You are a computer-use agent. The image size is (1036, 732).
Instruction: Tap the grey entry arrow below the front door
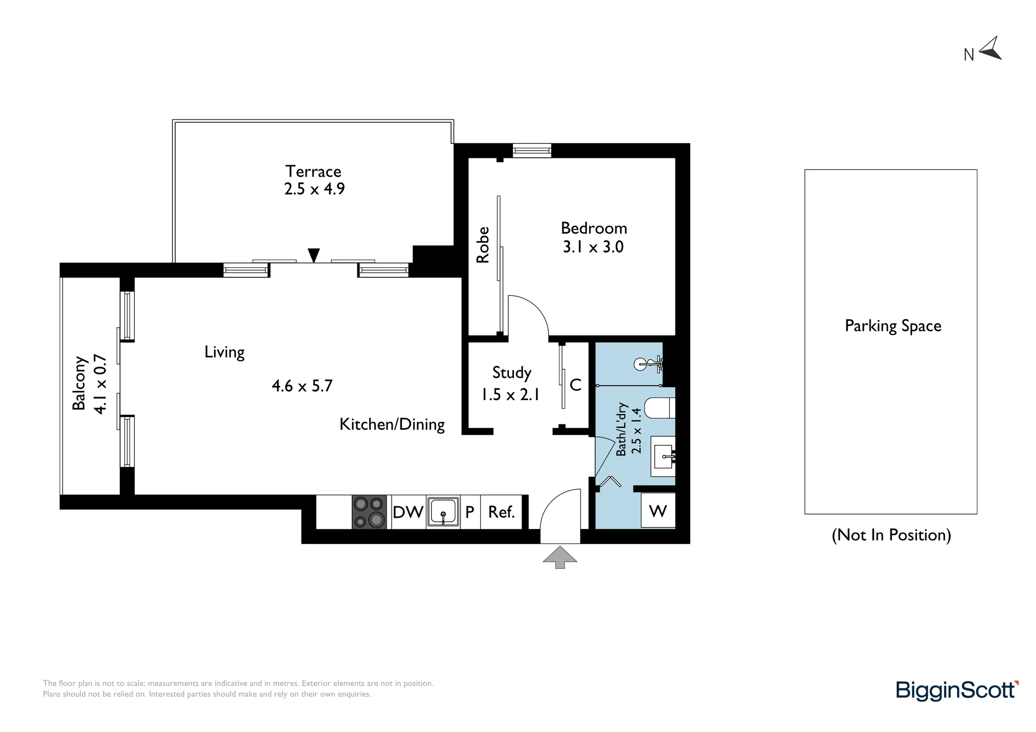coord(560,557)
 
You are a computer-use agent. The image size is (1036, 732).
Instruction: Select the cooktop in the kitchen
coord(369,512)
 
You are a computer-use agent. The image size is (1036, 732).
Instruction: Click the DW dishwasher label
coord(408,512)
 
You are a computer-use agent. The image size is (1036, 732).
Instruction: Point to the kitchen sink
coord(443,512)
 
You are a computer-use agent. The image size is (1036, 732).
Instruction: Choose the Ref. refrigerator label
coord(501,512)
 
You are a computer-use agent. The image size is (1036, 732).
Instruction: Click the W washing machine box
coord(658,511)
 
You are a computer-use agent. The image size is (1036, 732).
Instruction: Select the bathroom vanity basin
coord(664,457)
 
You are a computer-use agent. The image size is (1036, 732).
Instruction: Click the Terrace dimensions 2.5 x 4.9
coord(314,189)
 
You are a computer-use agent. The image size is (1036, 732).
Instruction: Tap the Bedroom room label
coord(594,228)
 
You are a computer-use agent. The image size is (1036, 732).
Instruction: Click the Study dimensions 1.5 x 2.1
coord(511,394)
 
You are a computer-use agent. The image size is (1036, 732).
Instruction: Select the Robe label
coord(482,245)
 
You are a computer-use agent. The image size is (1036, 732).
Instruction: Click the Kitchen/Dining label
coord(392,424)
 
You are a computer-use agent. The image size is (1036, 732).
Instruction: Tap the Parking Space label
coord(893,326)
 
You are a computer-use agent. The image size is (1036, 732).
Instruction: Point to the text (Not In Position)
coord(891,535)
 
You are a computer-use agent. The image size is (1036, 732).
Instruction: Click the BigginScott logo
coord(957,691)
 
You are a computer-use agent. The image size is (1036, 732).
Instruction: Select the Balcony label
coord(79,383)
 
